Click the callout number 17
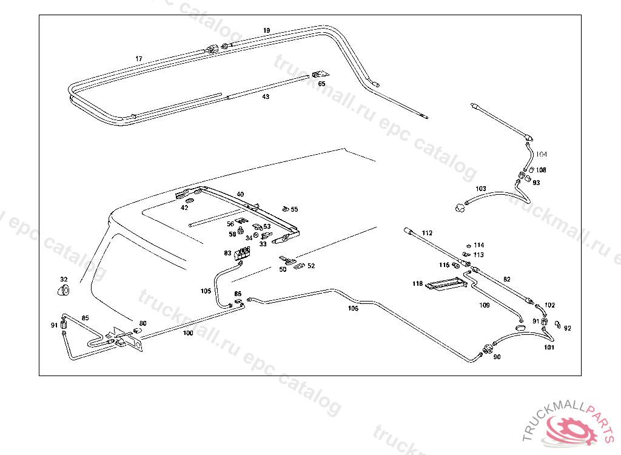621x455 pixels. pos(139,59)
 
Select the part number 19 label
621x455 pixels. pos(267,30)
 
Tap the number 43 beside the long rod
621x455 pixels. pos(266,97)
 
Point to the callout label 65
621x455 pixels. pos(321,84)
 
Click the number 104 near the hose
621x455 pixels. pos(541,155)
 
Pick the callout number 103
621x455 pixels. pos(481,189)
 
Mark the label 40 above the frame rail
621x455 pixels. pos(240,194)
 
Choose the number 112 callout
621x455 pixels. pos(427,233)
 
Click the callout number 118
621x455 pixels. pos(418,284)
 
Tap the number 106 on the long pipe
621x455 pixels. pos(353,308)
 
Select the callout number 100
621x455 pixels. pos(188,333)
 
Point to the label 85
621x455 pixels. pos(85,318)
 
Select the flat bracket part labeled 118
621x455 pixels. pos(446,283)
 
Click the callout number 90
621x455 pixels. pos(497,357)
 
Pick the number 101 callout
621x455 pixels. pos(549,348)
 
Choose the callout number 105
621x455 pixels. pos(206,291)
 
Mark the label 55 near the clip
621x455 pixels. pos(294,209)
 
